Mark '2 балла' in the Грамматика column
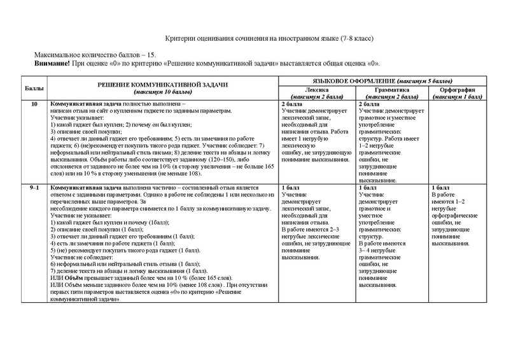[x=370, y=104]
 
